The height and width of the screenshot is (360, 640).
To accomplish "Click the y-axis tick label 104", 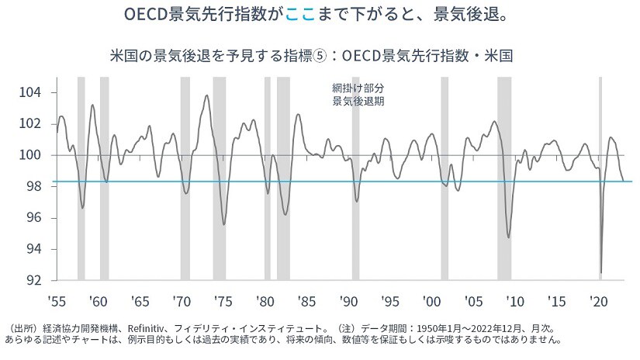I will (38, 92).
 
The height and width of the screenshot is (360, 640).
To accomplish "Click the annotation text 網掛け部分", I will (358, 88).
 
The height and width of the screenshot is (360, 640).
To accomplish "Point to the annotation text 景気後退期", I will (358, 101).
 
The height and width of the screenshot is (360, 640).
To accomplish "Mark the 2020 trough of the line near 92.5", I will (601, 272).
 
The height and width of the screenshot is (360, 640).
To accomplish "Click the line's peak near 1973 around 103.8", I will (206, 95).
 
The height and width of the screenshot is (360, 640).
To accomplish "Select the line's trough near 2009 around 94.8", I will (509, 237).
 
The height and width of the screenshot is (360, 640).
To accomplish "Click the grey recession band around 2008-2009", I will (504, 178).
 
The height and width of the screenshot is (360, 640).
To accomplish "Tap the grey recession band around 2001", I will (445, 178).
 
